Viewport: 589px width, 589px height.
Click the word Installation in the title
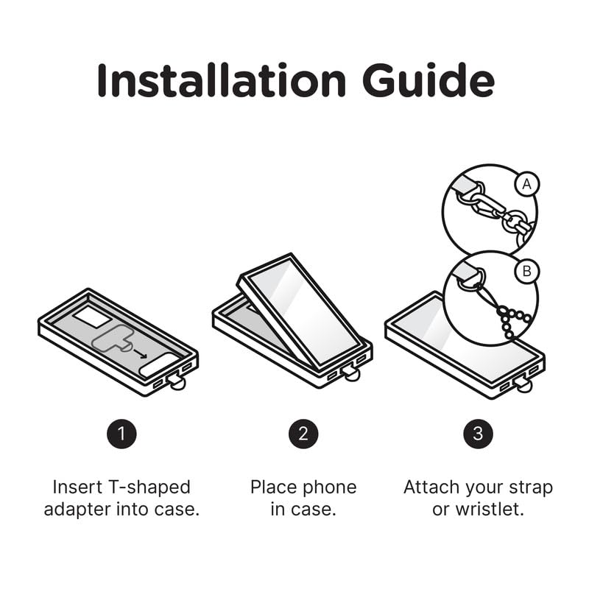(x=222, y=80)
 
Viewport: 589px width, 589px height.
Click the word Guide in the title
(x=428, y=80)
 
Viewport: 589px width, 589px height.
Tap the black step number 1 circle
(x=121, y=434)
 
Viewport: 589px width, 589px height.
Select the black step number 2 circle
(x=303, y=434)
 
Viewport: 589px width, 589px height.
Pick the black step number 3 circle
(x=478, y=434)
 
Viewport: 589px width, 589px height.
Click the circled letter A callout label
(x=526, y=184)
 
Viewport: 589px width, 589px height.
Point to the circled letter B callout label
(x=526, y=271)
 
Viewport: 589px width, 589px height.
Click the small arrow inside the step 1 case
(x=141, y=354)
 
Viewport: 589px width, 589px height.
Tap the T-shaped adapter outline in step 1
(x=113, y=339)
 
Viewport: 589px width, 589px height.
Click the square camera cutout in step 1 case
(x=91, y=316)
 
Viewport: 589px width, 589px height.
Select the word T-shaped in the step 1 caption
(x=149, y=487)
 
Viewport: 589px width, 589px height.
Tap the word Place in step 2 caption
(x=274, y=487)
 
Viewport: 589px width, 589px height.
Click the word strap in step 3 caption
(x=530, y=487)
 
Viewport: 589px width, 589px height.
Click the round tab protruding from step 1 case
(x=177, y=383)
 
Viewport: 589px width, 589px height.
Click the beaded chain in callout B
(x=512, y=320)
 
